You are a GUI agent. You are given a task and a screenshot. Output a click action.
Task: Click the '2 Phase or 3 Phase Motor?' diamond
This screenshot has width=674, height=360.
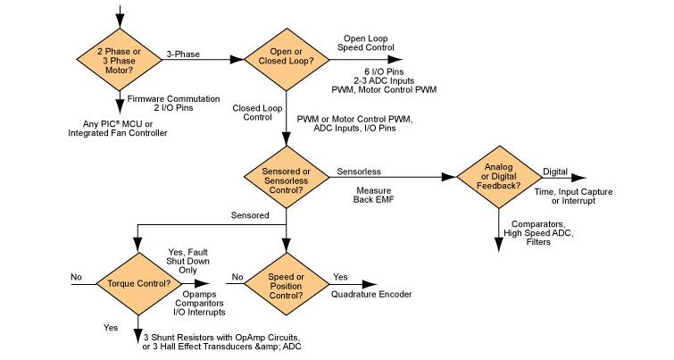[121, 59]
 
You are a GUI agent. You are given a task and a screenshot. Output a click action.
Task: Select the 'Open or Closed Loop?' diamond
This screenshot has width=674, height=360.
[285, 59]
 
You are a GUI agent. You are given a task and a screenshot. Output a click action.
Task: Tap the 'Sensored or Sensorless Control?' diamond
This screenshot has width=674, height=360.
[285, 175]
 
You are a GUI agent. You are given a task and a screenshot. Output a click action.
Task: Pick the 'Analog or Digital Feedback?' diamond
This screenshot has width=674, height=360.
[496, 175]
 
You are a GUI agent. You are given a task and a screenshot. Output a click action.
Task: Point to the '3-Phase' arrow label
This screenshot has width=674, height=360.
[183, 54]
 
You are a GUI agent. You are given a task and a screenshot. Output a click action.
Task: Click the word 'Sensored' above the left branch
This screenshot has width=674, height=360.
[250, 215]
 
